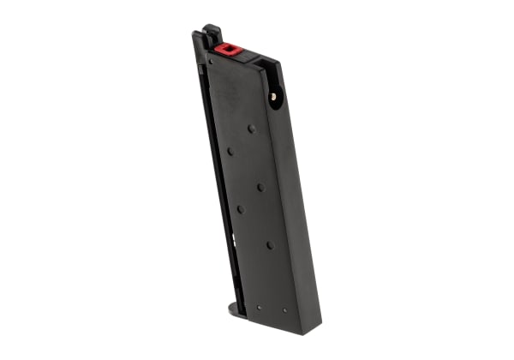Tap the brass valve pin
[x=273, y=97]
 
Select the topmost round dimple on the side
[x=251, y=129]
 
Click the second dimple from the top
[x=230, y=152]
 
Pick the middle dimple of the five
[x=260, y=186]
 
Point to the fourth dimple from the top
[x=240, y=209]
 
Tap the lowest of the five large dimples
[x=270, y=244]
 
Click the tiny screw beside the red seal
[x=211, y=61]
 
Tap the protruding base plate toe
[x=234, y=306]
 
